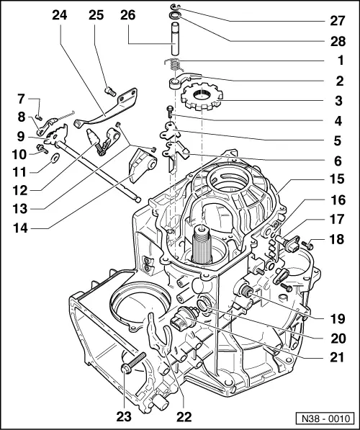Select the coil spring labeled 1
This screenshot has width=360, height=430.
pos(175,67)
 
